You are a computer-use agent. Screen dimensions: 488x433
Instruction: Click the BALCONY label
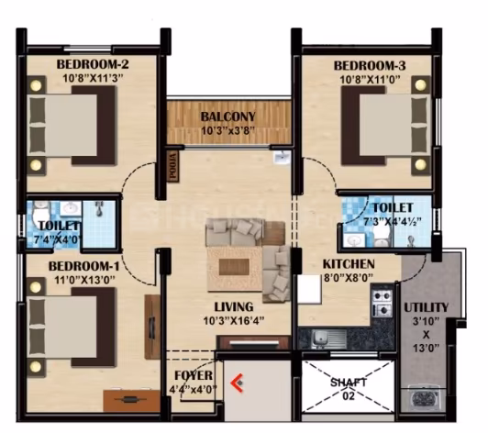(227, 117)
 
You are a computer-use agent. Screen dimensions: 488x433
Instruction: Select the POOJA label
(172, 165)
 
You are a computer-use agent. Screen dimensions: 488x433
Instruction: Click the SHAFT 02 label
(348, 388)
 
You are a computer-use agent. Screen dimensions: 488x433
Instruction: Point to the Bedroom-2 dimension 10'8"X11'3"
(93, 78)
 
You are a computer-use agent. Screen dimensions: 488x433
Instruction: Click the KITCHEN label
(349, 264)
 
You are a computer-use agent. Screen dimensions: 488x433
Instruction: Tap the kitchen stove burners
(382, 302)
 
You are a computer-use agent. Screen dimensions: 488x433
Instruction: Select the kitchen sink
(328, 338)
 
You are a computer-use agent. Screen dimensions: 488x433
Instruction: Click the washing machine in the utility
(422, 399)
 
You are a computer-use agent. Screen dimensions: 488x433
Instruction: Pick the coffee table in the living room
(234, 267)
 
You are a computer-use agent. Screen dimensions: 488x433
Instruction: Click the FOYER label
(194, 376)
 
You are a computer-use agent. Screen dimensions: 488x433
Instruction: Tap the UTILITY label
(426, 307)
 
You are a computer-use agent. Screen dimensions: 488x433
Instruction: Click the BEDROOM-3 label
(370, 66)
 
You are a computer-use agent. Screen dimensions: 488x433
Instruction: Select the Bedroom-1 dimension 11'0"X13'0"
(85, 280)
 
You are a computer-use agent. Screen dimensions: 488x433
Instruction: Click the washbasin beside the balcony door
(283, 158)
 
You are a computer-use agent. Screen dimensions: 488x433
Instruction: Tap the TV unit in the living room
(254, 343)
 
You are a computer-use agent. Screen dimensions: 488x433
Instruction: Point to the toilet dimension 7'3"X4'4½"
(393, 222)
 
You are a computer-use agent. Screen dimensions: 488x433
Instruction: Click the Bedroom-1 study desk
(132, 399)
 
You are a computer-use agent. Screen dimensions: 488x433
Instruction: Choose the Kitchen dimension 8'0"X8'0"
(349, 278)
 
